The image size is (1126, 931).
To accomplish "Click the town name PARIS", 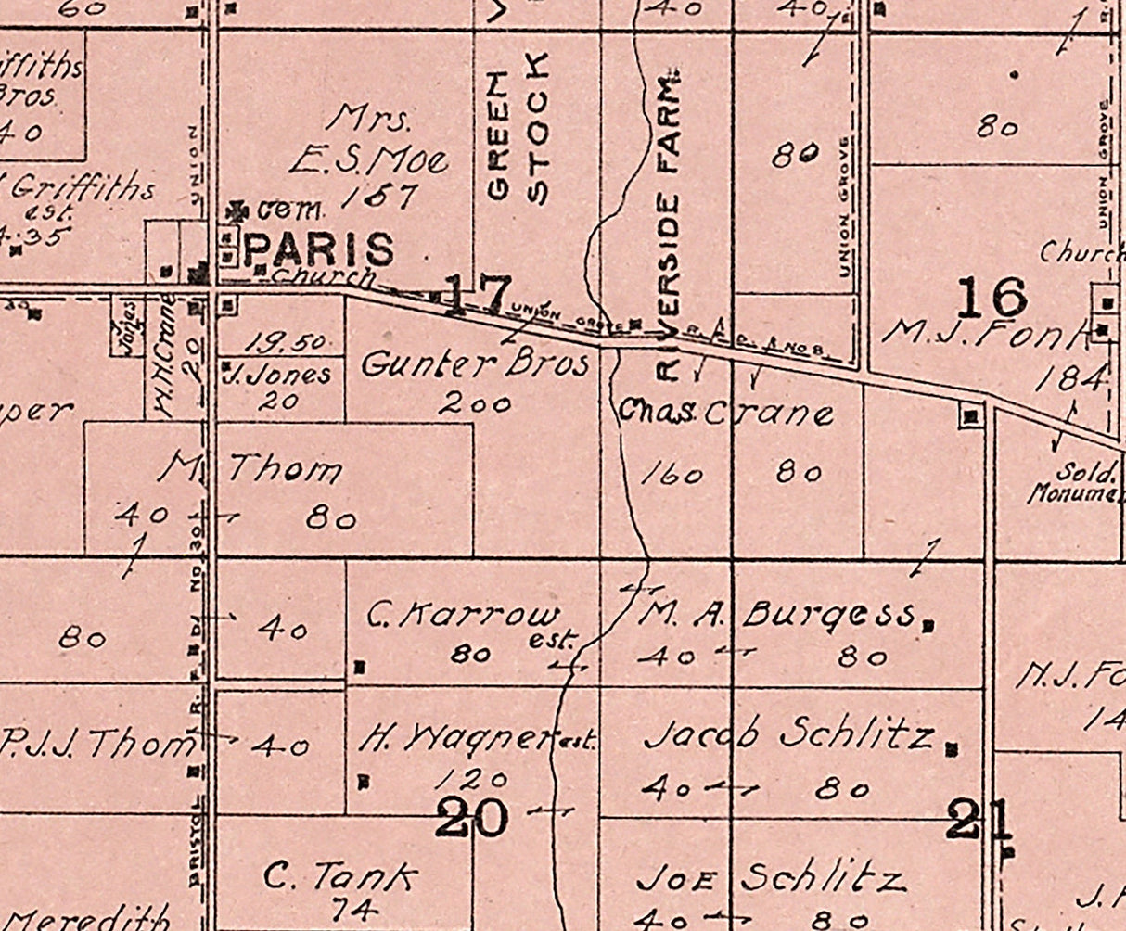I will click(320, 249).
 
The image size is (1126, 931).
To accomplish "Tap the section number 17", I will click(477, 294).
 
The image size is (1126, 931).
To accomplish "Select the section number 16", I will click(992, 298).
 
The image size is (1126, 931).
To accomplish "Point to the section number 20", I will click(473, 819).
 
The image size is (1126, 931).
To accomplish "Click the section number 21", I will click(978, 821).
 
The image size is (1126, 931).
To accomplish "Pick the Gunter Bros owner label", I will click(475, 363).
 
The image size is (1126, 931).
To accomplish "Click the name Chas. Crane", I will click(726, 413).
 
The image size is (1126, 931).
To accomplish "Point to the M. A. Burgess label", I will click(777, 613).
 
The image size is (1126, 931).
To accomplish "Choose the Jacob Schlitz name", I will click(787, 736).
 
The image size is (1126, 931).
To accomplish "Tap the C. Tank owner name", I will click(339, 875).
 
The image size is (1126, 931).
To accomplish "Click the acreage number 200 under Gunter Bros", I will click(475, 404).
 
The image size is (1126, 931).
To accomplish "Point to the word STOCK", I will click(538, 126).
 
